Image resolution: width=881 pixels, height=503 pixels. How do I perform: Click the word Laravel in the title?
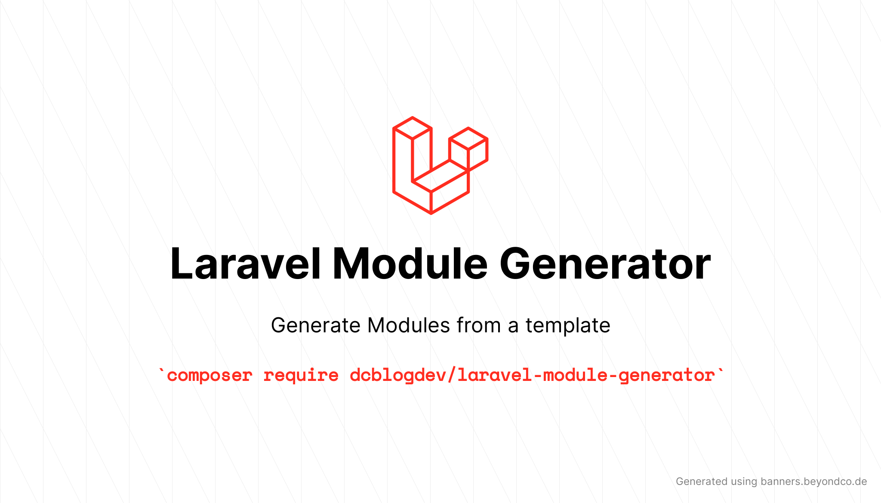coord(246,264)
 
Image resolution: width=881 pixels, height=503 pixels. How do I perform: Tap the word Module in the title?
coord(410,264)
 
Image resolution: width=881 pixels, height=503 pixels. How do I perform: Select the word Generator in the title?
coord(605,264)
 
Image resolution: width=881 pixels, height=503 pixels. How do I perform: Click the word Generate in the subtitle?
coord(316,325)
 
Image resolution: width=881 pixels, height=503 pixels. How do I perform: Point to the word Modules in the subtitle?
coord(408,325)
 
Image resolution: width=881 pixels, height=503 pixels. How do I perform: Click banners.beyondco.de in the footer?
coord(813,482)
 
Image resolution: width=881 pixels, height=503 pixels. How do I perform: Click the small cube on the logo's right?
coord(468,149)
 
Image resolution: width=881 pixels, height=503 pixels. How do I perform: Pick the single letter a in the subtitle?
coord(513,328)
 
